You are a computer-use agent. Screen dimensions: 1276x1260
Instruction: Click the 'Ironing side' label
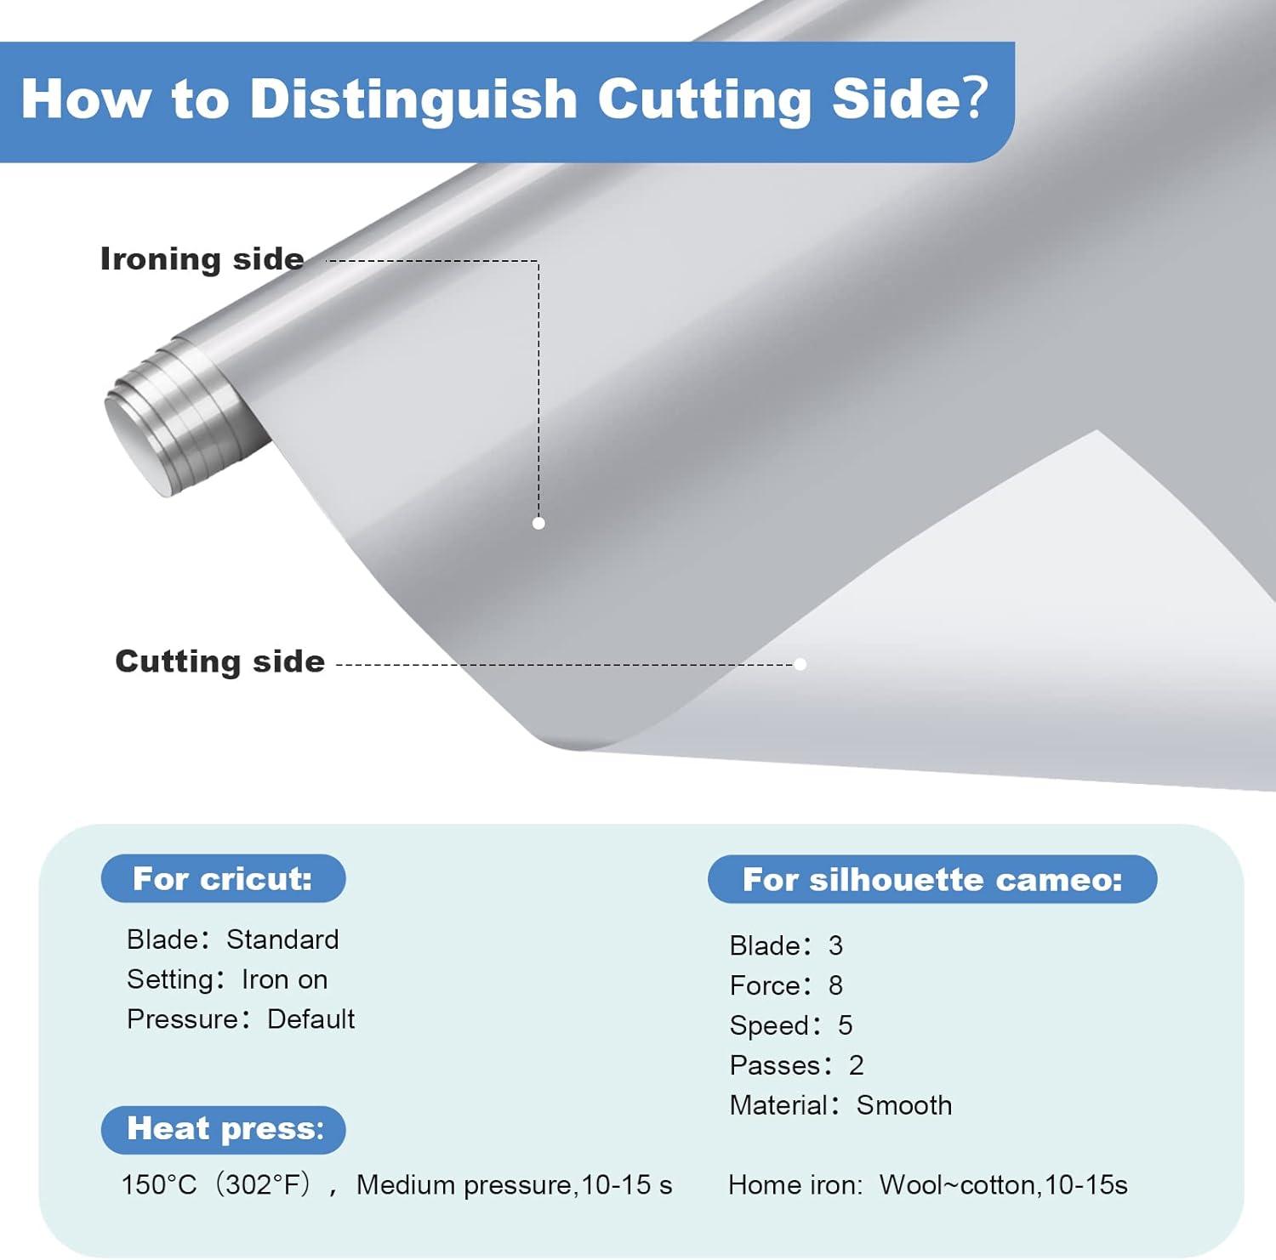[202, 259]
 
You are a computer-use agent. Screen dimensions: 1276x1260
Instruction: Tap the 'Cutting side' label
[220, 661]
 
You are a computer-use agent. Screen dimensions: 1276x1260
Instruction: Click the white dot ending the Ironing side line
[538, 523]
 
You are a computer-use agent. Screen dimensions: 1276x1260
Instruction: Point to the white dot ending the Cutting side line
[800, 664]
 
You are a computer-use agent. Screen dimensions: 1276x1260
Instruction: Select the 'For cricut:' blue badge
[223, 878]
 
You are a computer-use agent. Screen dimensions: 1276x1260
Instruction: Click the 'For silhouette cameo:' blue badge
[932, 879]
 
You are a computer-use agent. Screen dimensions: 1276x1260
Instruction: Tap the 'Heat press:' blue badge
[223, 1129]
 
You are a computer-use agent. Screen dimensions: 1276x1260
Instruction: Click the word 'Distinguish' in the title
[413, 99]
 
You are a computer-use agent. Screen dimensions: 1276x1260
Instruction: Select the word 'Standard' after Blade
[282, 939]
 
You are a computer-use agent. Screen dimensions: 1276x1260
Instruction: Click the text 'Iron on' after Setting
[284, 979]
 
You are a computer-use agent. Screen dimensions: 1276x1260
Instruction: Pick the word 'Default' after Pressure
[310, 1019]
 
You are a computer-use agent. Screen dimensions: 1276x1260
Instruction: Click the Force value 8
[835, 985]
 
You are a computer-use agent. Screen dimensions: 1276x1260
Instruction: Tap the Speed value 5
[845, 1025]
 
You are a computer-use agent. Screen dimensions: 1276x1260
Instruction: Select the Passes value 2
[856, 1065]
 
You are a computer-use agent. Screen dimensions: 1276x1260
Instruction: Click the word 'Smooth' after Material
[904, 1105]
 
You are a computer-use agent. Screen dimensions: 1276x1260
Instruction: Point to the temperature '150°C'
[158, 1184]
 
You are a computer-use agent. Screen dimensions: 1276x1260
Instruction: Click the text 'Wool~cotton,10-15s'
[1003, 1185]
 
